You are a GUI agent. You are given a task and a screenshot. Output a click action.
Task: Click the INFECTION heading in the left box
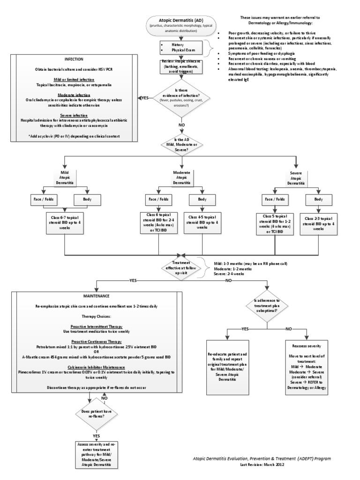[x=74, y=60]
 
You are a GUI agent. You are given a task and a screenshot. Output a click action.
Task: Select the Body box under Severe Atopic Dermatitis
[x=318, y=199]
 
